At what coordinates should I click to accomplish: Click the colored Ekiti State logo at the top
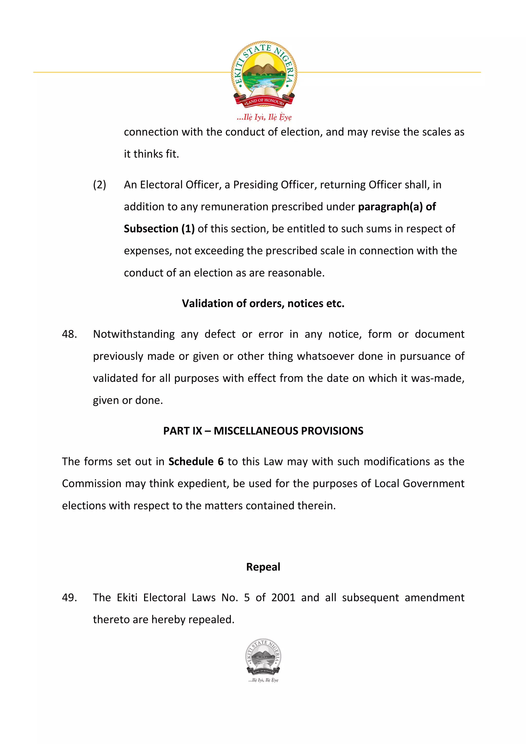tap(264, 74)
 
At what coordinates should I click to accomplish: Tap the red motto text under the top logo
tap(264, 117)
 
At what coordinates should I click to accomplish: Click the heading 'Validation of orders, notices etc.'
tap(263, 303)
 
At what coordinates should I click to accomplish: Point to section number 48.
tap(69, 334)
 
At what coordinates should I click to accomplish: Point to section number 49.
tap(69, 597)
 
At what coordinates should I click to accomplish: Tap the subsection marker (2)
tap(99, 185)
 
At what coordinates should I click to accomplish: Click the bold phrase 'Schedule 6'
tap(196, 461)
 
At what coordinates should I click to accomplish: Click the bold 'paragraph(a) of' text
tap(397, 207)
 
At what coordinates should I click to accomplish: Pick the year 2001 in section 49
tap(283, 597)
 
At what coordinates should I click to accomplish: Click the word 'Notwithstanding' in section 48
tap(134, 334)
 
